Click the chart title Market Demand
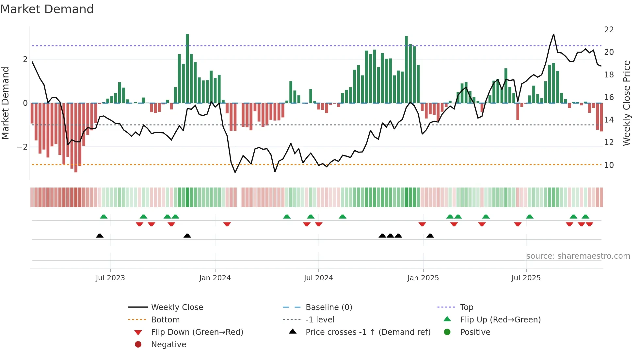[x=47, y=9]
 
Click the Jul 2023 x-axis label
[x=110, y=278]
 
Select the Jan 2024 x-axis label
[x=215, y=278]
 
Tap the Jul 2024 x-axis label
[x=318, y=278]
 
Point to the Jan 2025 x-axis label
[x=423, y=278]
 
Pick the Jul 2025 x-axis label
[x=526, y=278]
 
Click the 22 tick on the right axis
[x=609, y=30]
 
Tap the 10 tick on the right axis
[x=609, y=165]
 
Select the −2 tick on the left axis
[x=22, y=147]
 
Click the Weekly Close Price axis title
[x=626, y=103]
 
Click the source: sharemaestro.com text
[x=578, y=256]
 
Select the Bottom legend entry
[x=165, y=320]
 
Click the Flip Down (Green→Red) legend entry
[x=197, y=332]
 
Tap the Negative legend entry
[x=168, y=345]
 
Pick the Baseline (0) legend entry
[x=329, y=307]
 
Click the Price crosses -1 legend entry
[x=368, y=332]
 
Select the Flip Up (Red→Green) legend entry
[x=500, y=320]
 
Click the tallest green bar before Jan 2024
[x=187, y=69]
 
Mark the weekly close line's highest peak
[x=553, y=34]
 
